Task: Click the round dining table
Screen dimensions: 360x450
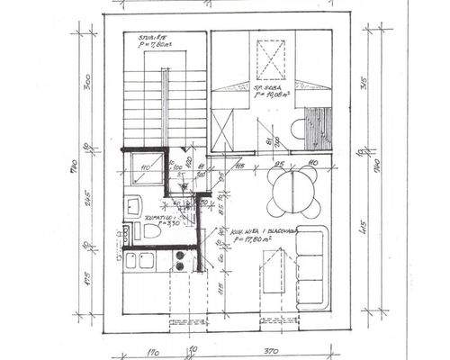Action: tap(288, 190)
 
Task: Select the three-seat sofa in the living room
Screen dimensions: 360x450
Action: tap(310, 264)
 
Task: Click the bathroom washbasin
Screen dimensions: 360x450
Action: tap(132, 205)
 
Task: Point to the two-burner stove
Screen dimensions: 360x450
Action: tap(179, 261)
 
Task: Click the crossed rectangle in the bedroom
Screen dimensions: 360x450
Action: tap(268, 59)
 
